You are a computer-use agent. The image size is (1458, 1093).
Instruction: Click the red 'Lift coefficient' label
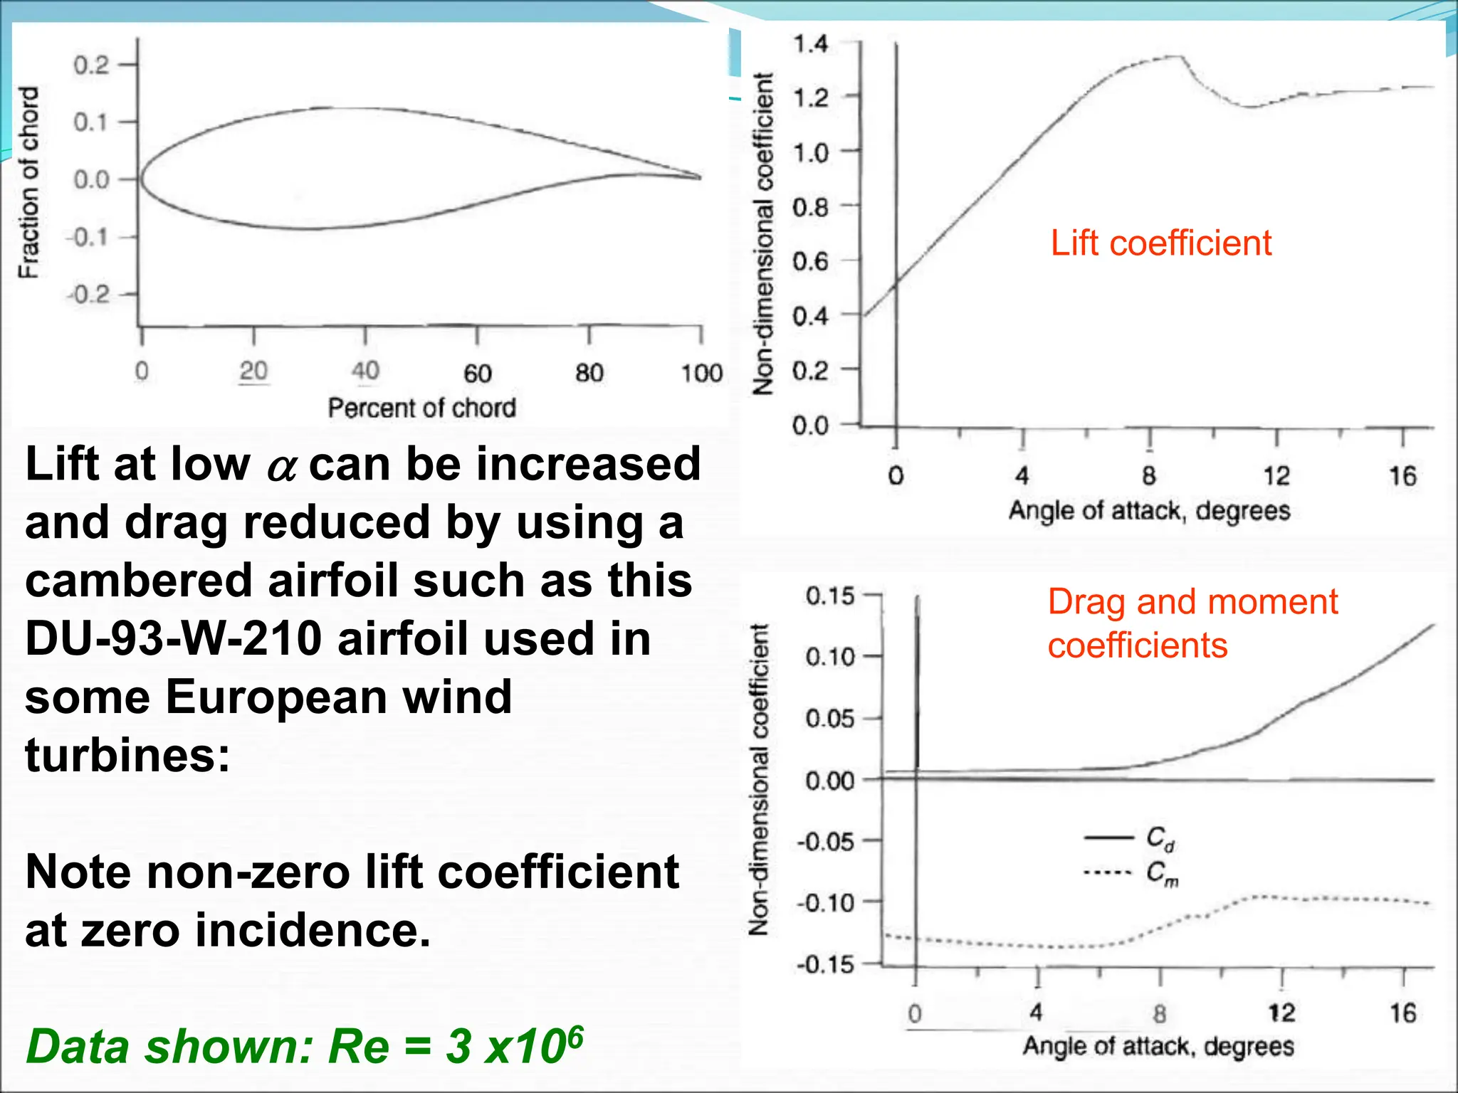pos(1160,243)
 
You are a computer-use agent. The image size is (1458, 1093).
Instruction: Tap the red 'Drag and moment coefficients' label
pos(1192,623)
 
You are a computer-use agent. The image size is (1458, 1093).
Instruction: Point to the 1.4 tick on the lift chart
pos(811,44)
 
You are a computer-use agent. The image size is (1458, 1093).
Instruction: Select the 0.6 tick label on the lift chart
pos(811,262)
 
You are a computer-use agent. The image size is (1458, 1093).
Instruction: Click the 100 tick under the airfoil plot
pos(701,373)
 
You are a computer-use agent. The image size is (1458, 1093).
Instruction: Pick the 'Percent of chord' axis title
pos(421,408)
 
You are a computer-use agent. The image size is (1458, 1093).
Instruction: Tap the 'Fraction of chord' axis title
pos(28,182)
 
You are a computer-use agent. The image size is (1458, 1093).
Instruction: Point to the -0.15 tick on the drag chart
pos(825,965)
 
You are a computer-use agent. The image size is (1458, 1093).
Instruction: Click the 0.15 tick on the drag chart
pos(829,596)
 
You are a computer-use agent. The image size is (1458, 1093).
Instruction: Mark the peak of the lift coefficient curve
pos(1180,56)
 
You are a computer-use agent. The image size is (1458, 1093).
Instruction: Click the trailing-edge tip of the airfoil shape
pos(701,177)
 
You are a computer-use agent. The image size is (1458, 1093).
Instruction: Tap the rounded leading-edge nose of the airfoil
pos(141,179)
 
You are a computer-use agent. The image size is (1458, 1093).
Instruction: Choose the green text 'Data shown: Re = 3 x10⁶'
pos(305,1046)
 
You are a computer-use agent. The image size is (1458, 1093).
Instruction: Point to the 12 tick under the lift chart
pos(1276,475)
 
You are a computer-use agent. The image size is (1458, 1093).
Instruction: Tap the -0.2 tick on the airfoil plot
pos(90,294)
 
